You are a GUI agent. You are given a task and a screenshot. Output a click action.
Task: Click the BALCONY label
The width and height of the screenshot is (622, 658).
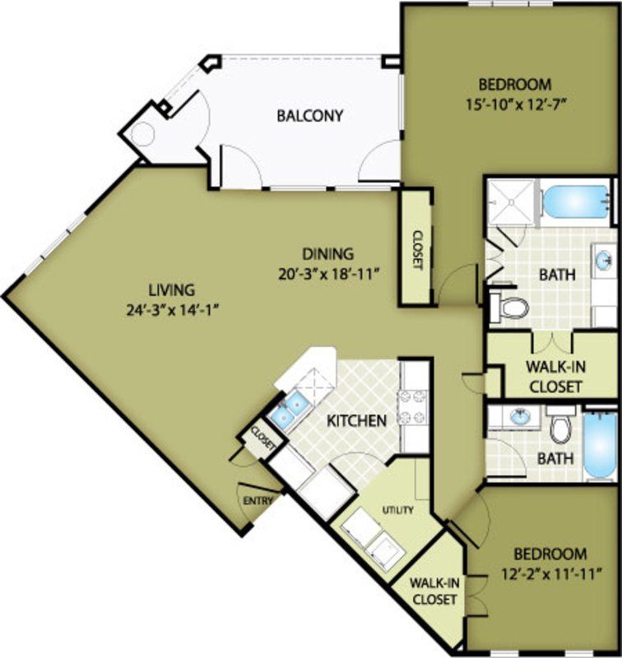click(x=309, y=115)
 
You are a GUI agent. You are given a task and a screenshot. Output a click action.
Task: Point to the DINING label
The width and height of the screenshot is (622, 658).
click(x=327, y=253)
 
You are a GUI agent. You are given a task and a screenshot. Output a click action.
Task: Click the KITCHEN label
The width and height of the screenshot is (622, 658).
click(x=356, y=421)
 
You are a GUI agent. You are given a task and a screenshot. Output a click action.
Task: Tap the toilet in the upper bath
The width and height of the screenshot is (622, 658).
click(x=513, y=308)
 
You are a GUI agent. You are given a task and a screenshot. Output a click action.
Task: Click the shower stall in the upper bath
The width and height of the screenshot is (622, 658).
click(x=510, y=200)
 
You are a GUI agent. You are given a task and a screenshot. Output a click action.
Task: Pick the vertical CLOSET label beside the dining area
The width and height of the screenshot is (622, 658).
click(x=416, y=248)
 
